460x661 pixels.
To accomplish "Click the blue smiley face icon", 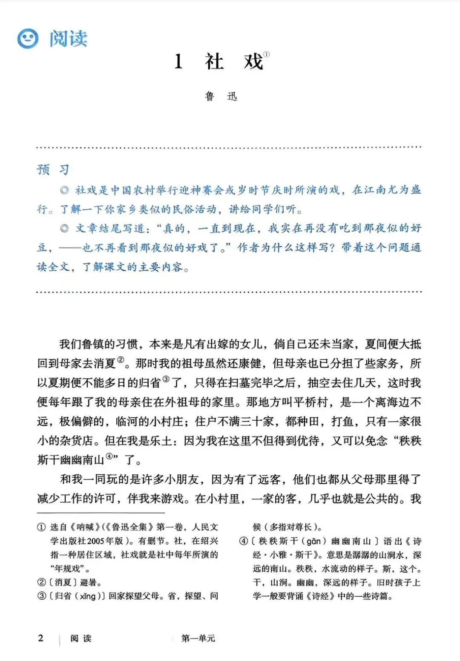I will tap(28, 39).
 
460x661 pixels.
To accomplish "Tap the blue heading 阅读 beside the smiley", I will tap(68, 39).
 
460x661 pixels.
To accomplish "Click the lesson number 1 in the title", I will tap(179, 62).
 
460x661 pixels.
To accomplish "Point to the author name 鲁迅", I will tap(221, 96).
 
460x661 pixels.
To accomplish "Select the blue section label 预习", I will tap(53, 170).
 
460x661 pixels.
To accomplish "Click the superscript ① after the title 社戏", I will tap(267, 55).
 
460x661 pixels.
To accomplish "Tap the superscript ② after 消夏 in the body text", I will tap(121, 360).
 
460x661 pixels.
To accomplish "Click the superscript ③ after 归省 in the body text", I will tap(166, 379).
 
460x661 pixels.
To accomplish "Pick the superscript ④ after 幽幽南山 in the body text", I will tap(110, 456).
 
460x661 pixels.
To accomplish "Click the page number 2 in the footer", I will tap(41, 638).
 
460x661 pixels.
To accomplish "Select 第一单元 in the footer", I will tap(198, 638).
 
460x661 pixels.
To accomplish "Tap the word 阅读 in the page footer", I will tap(81, 638).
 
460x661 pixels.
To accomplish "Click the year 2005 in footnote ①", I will tap(98, 541).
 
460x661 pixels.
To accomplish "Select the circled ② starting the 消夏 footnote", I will tap(41, 582).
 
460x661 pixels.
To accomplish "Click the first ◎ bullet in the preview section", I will tap(65, 190).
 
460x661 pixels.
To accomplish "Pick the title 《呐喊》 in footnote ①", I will tap(83, 528).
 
